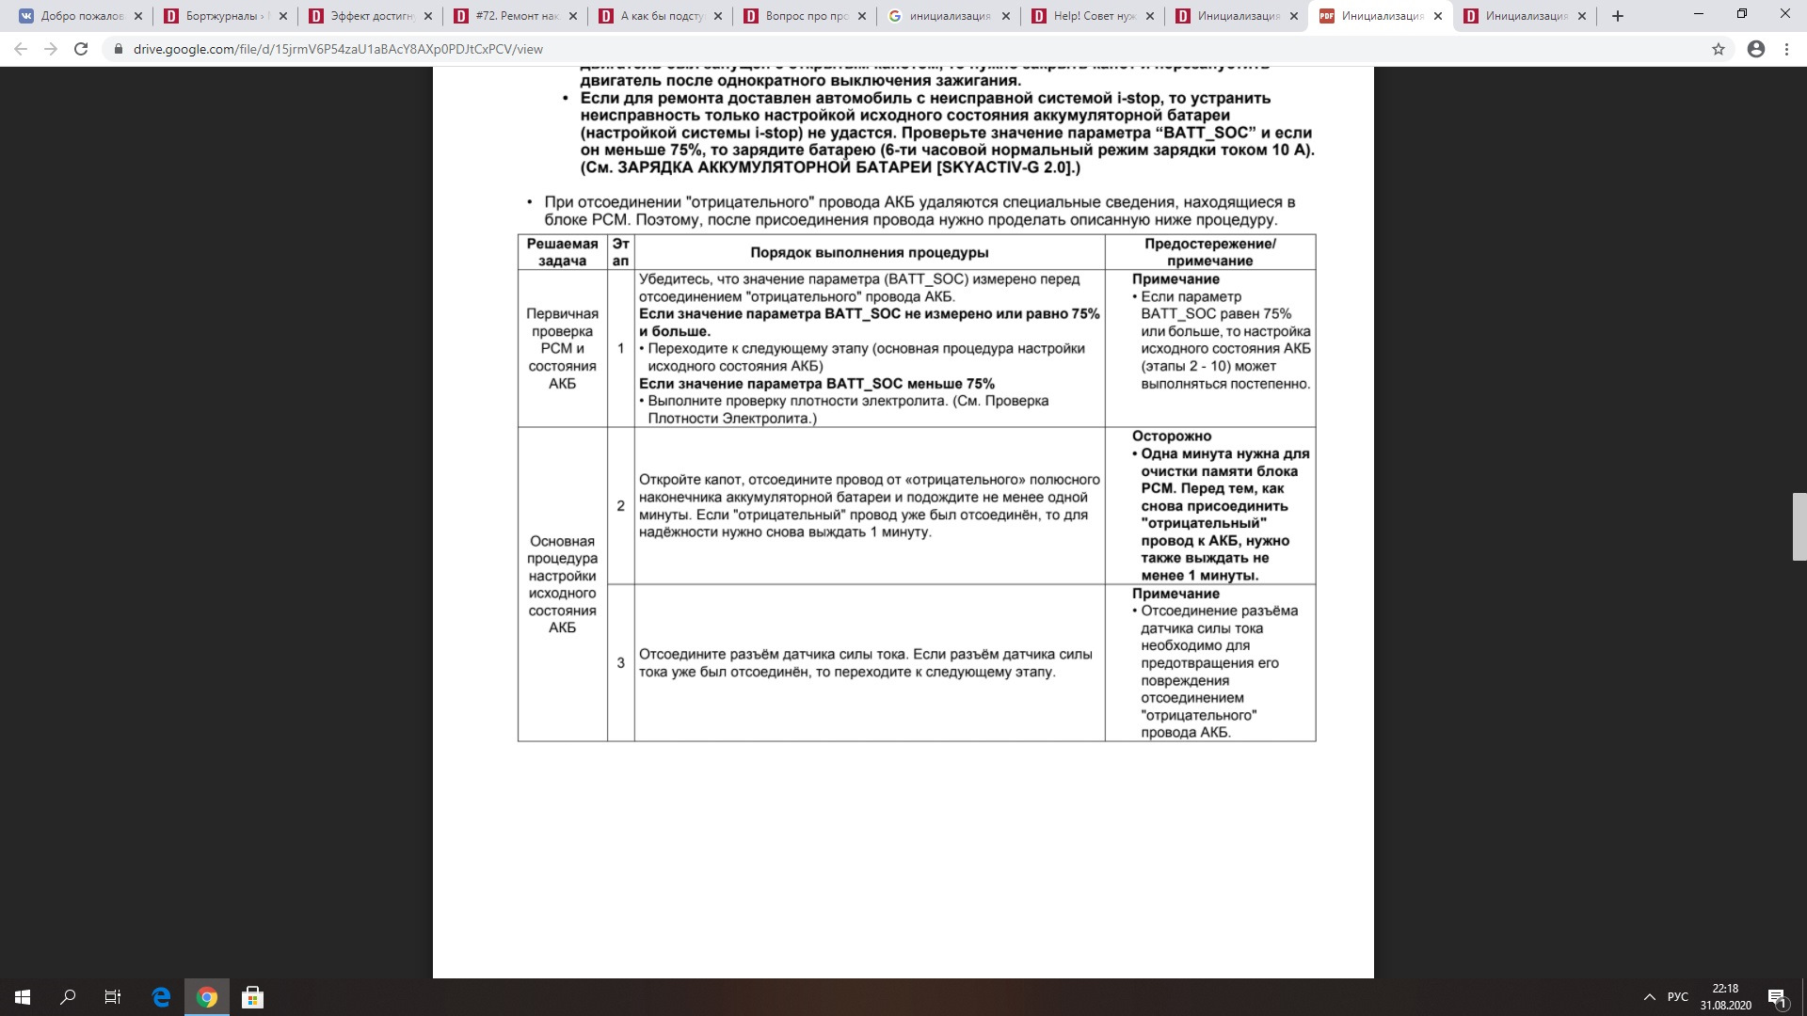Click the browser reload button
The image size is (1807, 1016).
click(x=81, y=49)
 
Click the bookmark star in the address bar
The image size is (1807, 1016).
click(x=1719, y=49)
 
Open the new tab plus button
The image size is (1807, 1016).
click(x=1618, y=16)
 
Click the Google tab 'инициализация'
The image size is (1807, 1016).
click(x=949, y=16)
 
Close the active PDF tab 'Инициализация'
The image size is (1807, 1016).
click(x=1437, y=16)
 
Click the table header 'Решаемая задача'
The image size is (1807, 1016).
click(x=562, y=252)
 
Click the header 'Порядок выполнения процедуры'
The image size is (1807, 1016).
click(x=869, y=252)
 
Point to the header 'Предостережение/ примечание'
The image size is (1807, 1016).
click(x=1209, y=252)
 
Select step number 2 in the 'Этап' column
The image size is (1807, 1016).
click(x=620, y=506)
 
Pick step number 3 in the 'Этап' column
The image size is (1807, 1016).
click(x=620, y=663)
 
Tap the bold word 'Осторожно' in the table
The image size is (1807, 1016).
click(x=1171, y=437)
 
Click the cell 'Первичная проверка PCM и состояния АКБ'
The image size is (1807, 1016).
click(x=562, y=348)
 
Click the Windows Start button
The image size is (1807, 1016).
click(x=23, y=997)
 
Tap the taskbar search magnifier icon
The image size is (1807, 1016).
click(x=68, y=997)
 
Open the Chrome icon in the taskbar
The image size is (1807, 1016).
click(x=207, y=997)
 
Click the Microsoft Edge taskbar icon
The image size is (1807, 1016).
click(x=161, y=997)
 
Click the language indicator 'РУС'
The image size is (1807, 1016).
click(x=1677, y=997)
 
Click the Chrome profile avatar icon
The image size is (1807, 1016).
click(x=1755, y=49)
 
